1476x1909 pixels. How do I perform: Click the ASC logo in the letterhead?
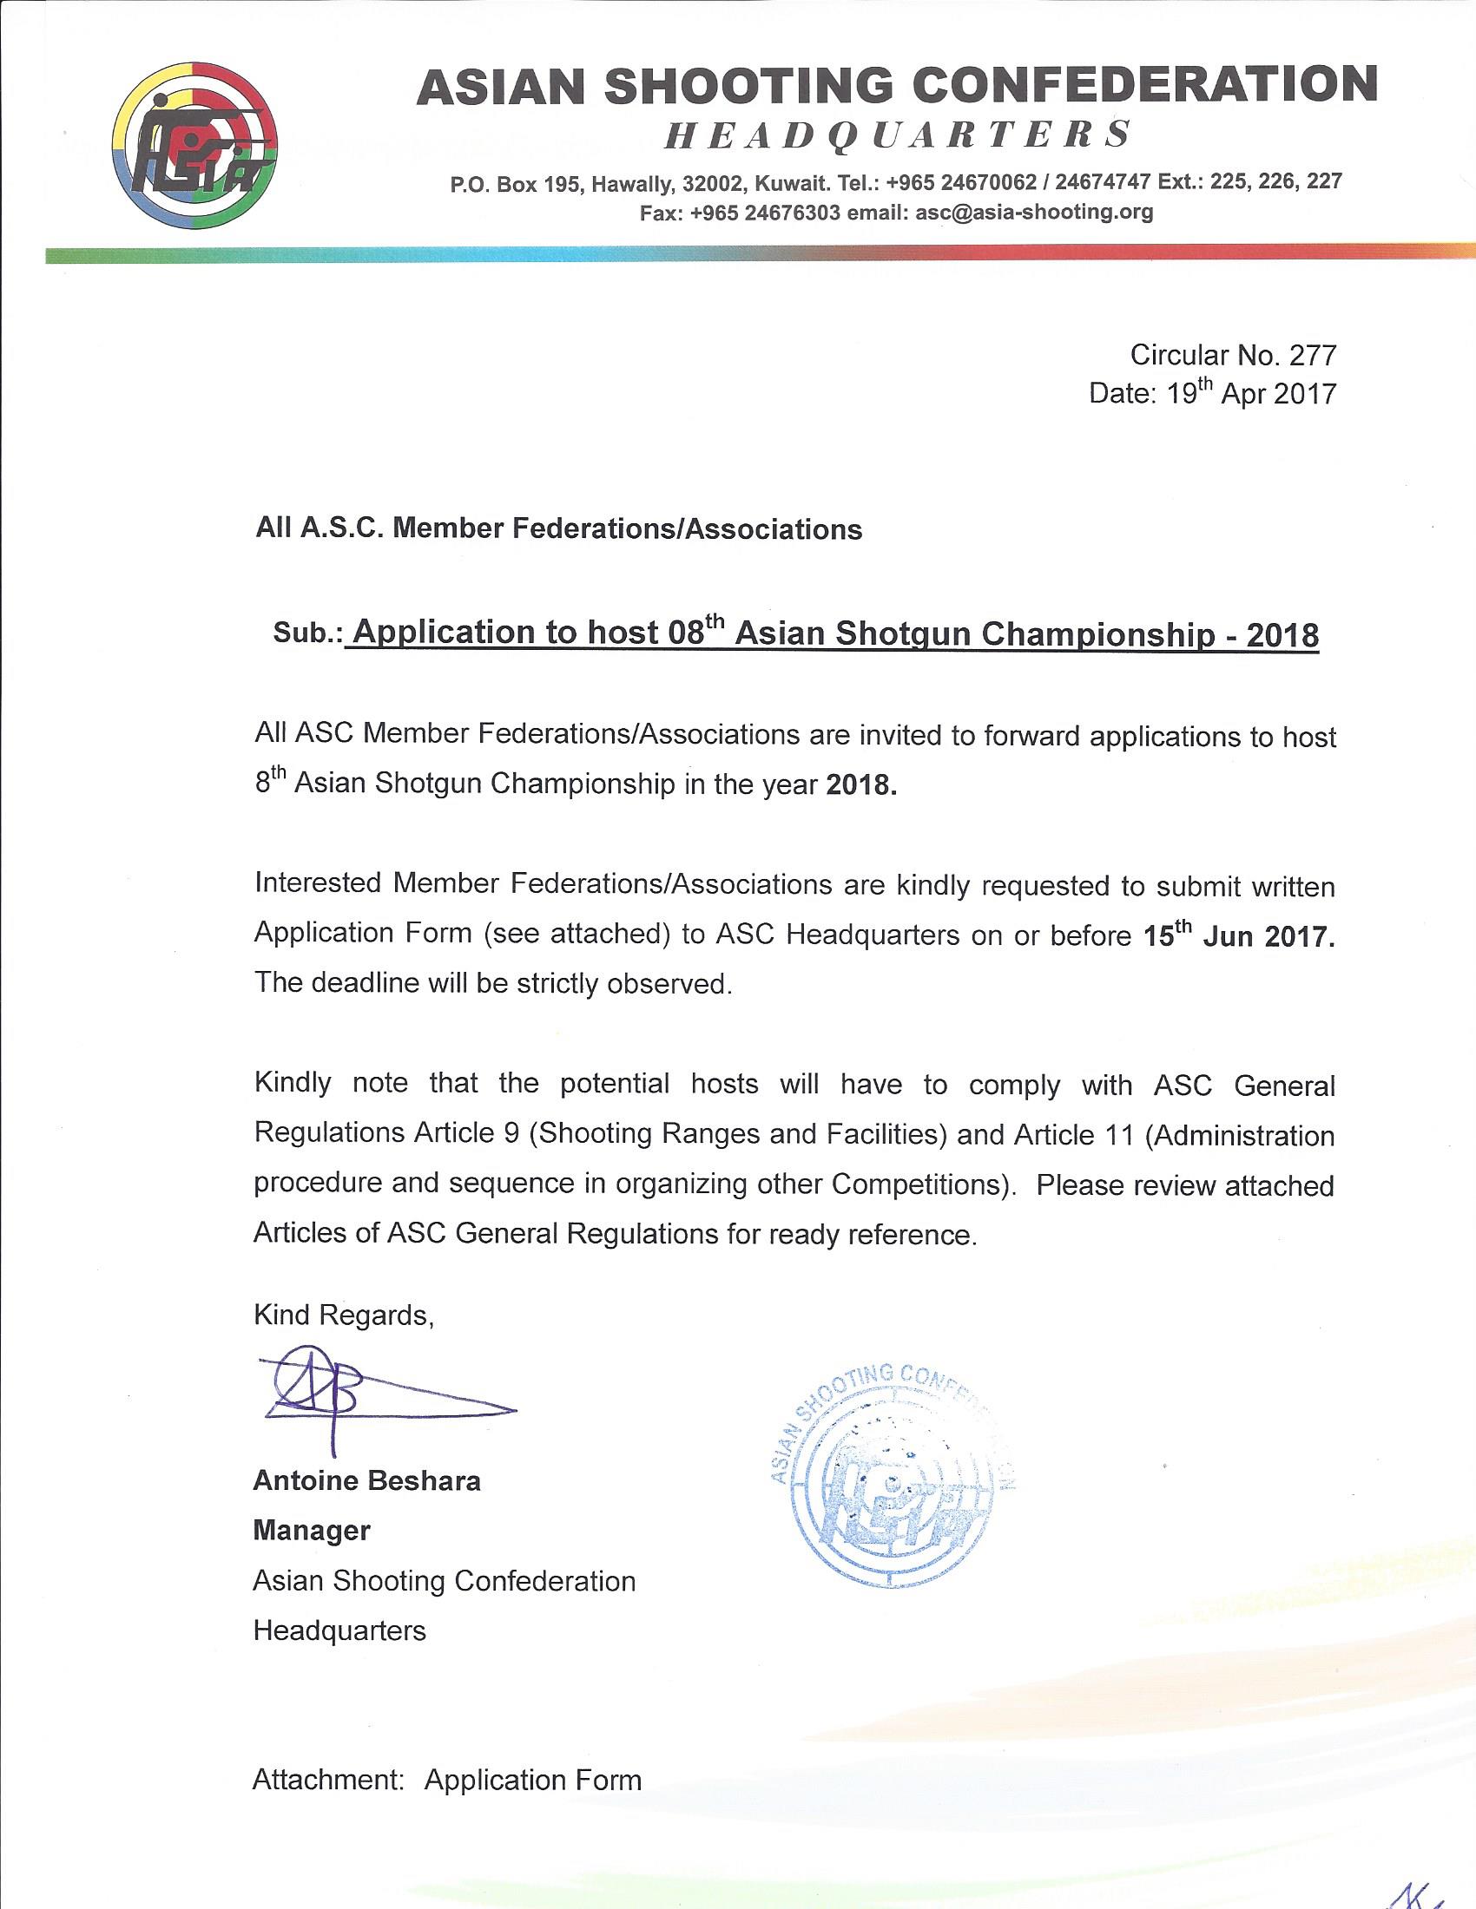(x=195, y=145)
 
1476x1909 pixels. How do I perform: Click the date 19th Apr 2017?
(x=1251, y=393)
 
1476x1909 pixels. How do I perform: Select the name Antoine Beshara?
(x=366, y=1480)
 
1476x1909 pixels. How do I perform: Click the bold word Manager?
(x=312, y=1530)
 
